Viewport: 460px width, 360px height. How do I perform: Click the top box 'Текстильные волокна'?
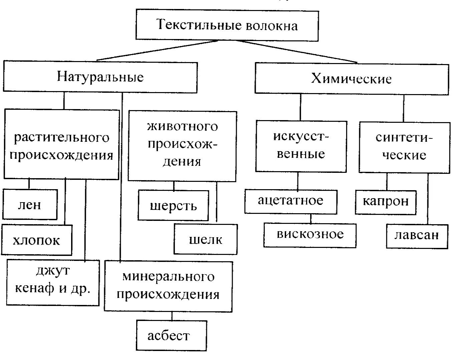pyautogui.click(x=227, y=26)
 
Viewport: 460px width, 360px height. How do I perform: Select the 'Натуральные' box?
pyautogui.click(x=100, y=77)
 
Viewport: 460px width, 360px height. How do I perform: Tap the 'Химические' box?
pyautogui.click(x=352, y=79)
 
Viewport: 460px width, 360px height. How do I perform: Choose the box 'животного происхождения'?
pyautogui.click(x=182, y=146)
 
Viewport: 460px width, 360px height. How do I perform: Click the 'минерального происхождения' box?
pyautogui.click(x=168, y=286)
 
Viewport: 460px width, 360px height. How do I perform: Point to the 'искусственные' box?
pyautogui.click(x=301, y=146)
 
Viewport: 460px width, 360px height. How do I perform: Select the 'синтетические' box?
pyautogui.click(x=404, y=147)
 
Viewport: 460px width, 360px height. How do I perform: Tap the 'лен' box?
pyautogui.click(x=30, y=204)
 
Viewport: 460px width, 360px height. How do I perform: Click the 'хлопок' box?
pyautogui.click(x=36, y=240)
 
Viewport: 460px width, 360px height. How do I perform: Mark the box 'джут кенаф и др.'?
pyautogui.click(x=53, y=282)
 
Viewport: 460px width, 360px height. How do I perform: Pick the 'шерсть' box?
pyautogui.click(x=173, y=206)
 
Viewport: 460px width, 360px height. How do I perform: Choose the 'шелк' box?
pyautogui.click(x=206, y=239)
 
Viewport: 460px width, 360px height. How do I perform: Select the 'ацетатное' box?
pyautogui.click(x=290, y=201)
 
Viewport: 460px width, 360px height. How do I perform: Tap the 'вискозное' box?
pyautogui.click(x=310, y=235)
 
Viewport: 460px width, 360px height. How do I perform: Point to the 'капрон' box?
pyautogui.click(x=386, y=202)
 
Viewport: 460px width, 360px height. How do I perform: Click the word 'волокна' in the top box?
pyautogui.click(x=272, y=26)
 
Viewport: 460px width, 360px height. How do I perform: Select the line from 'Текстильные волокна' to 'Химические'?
pyautogui.click(x=289, y=52)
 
